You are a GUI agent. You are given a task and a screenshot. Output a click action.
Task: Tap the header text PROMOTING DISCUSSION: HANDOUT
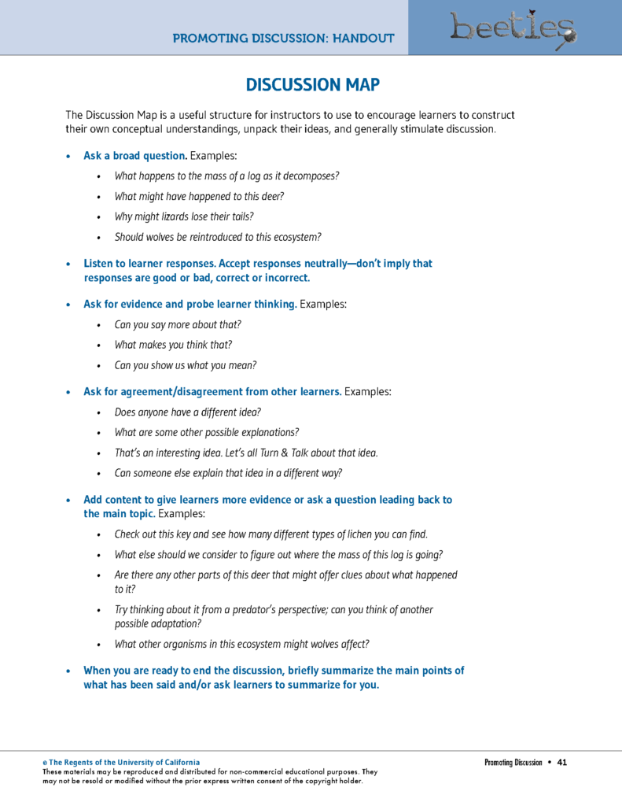pyautogui.click(x=283, y=38)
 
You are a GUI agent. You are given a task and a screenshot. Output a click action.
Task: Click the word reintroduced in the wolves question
pyautogui.click(x=207, y=237)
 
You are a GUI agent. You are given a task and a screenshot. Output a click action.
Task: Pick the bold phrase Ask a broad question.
pyautogui.click(x=129, y=155)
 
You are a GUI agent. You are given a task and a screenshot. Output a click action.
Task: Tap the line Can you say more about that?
pyautogui.click(x=178, y=324)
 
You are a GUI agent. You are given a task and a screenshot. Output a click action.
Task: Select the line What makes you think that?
pyautogui.click(x=173, y=345)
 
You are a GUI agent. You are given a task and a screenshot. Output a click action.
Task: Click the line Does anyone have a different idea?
pyautogui.click(x=187, y=412)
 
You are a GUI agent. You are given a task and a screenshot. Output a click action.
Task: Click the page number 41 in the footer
pyautogui.click(x=561, y=762)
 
